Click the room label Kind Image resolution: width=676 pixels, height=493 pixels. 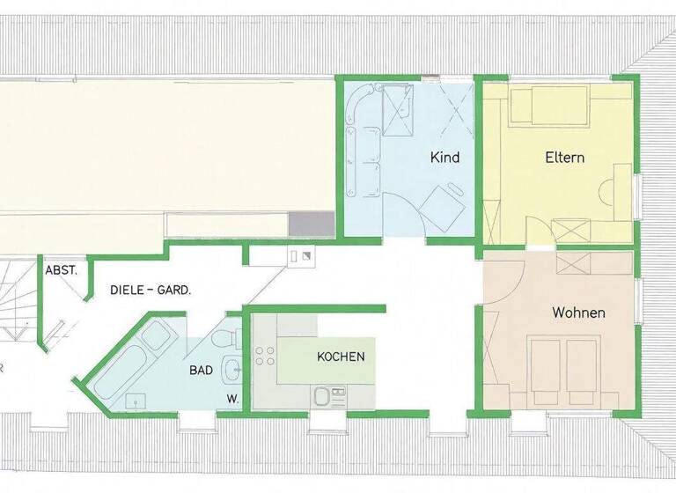point(445,158)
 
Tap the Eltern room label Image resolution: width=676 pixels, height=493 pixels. point(565,158)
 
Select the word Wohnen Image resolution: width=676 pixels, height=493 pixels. point(578,313)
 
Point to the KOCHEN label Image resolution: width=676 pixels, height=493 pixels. point(340,357)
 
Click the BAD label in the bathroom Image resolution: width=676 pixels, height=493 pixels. point(201,371)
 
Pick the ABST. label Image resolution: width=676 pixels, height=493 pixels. point(62,270)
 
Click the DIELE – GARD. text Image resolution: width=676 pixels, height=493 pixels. point(151,290)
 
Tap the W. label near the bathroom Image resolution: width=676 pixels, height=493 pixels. point(233,398)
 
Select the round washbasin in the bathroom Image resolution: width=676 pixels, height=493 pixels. point(231,369)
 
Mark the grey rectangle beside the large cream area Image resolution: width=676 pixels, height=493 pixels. point(311,224)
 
